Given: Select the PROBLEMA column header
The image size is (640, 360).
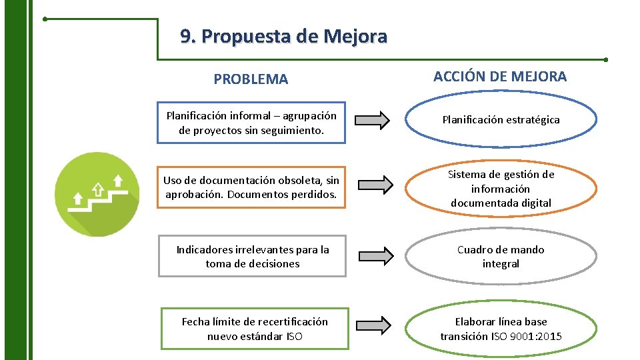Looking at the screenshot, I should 251,79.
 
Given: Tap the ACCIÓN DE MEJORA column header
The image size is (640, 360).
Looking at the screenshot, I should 500,76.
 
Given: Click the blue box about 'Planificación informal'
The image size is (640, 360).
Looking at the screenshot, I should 251,123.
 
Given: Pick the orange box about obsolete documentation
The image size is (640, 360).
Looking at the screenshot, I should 251,187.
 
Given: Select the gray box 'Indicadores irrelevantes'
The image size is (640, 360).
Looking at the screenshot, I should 252,256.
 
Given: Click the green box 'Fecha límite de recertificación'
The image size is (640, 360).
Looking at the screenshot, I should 255,329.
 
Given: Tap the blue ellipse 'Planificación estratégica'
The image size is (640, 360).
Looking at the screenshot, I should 501,120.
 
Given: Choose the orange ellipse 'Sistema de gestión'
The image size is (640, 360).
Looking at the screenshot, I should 501,188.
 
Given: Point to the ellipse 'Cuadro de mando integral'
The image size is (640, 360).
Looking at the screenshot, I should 501,257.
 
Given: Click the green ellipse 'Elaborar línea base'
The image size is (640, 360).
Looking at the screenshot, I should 501,329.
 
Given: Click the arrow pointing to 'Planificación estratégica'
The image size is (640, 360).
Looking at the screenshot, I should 372,121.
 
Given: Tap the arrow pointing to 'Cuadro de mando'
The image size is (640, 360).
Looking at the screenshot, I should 377,256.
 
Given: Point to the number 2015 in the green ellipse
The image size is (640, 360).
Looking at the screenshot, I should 547,336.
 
